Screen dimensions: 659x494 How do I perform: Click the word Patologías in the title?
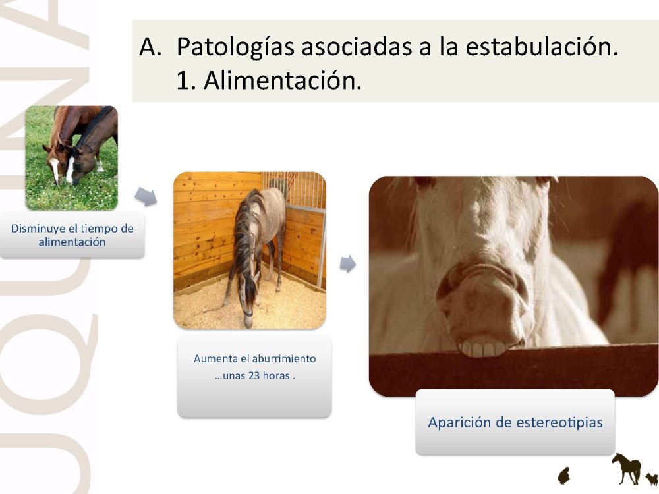coord(235,47)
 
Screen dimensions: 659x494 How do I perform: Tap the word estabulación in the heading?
coord(542,46)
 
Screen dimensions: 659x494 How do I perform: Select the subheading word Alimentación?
coord(283,80)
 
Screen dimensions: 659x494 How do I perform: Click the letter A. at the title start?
coord(150,47)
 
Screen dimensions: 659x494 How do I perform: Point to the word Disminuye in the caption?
coord(38,229)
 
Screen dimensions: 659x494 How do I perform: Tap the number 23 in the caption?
coord(254,375)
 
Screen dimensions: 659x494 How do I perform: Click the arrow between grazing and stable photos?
coord(146,196)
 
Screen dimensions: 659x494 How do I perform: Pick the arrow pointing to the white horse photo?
coord(347,264)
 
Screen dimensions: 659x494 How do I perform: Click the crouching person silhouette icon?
coord(563,476)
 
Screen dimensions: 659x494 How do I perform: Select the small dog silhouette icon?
coord(652,478)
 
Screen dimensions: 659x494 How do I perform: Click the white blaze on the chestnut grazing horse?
coord(55,169)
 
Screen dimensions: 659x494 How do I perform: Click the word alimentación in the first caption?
coord(72,242)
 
